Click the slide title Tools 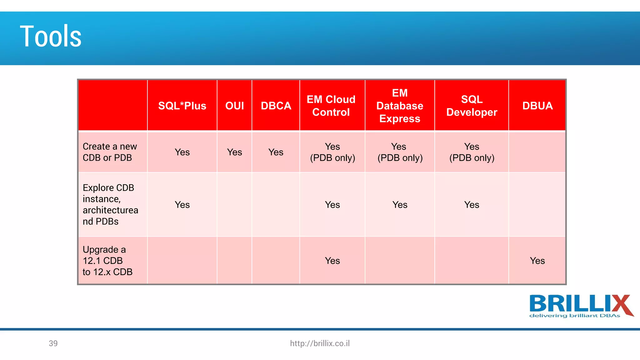[x=51, y=37]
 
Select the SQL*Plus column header [x=182, y=106]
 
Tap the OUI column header [x=234, y=106]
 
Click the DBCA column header [x=276, y=106]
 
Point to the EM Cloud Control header [x=331, y=106]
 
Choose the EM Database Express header [x=400, y=106]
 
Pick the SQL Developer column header [x=472, y=106]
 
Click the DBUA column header [x=537, y=106]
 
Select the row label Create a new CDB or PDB [x=110, y=152]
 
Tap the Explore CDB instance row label [x=110, y=204]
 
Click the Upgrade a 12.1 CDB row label [x=107, y=261]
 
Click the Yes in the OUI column [x=234, y=152]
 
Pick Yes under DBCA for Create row [x=276, y=152]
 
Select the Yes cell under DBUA [x=537, y=261]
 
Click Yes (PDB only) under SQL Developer [x=472, y=152]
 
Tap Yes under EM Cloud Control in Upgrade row [x=332, y=261]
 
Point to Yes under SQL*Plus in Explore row [x=182, y=205]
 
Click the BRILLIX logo [x=581, y=306]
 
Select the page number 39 [x=53, y=343]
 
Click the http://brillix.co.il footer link [x=320, y=343]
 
